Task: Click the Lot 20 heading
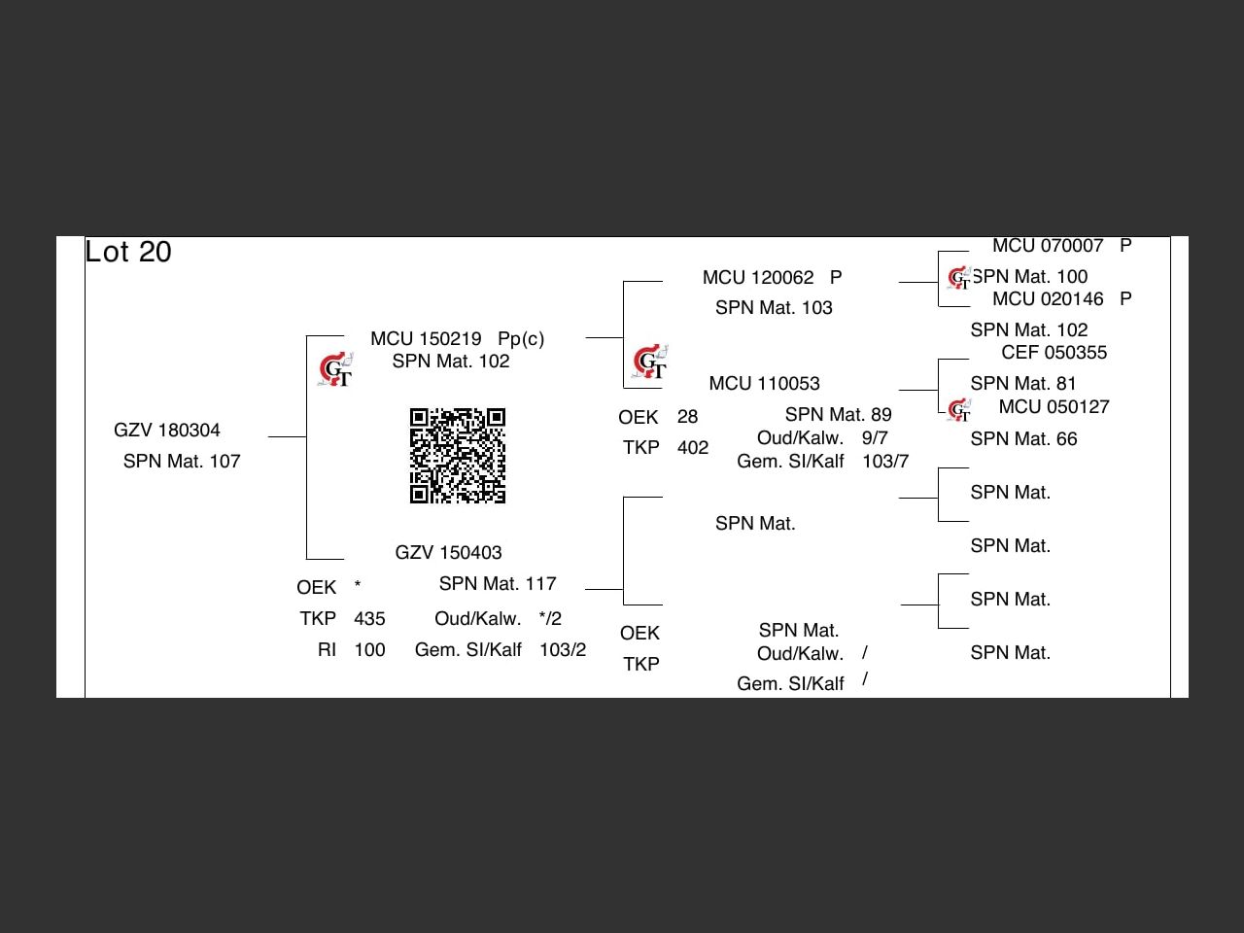pyautogui.click(x=128, y=252)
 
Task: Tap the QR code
pyautogui.click(x=458, y=456)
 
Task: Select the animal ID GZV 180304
pyautogui.click(x=167, y=430)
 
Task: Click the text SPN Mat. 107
pyautogui.click(x=182, y=461)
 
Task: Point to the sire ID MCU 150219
pyautogui.click(x=426, y=338)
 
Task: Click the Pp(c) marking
pyautogui.click(x=521, y=338)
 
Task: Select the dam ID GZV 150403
pyautogui.click(x=448, y=552)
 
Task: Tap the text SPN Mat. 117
pyautogui.click(x=498, y=583)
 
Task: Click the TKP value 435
pyautogui.click(x=369, y=618)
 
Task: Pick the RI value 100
pyautogui.click(x=369, y=649)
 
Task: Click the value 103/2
pyautogui.click(x=563, y=649)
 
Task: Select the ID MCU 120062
pyautogui.click(x=758, y=277)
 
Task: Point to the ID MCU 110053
pyautogui.click(x=764, y=383)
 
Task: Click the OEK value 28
pyautogui.click(x=687, y=416)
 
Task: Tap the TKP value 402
pyautogui.click(x=693, y=447)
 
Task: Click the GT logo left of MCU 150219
pyautogui.click(x=336, y=369)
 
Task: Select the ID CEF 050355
pyautogui.click(x=1054, y=352)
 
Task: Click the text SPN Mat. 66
pyautogui.click(x=1023, y=438)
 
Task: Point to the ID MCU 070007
pyautogui.click(x=1048, y=246)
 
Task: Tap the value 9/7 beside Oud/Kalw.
pyautogui.click(x=875, y=437)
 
